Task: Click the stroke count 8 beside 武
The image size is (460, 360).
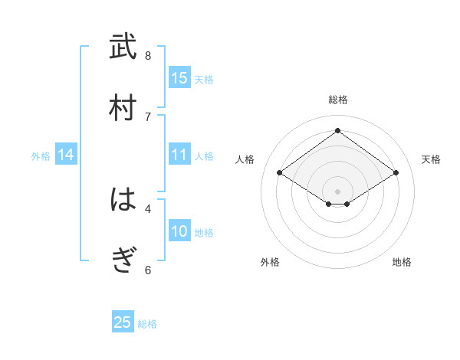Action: [x=148, y=55]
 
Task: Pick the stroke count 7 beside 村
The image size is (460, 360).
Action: [x=148, y=116]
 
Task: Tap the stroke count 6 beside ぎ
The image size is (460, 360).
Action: [x=148, y=270]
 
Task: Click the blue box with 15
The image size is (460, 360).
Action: [x=179, y=78]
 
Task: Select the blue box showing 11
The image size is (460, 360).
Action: [x=179, y=155]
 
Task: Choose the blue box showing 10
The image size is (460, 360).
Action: [x=179, y=231]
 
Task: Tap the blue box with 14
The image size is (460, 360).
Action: [x=66, y=155]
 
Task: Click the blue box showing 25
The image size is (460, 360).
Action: [x=123, y=322]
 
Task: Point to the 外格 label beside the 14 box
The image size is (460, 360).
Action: [x=41, y=156]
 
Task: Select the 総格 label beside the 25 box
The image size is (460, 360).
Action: [x=147, y=324]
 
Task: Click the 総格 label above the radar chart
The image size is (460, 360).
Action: [x=338, y=100]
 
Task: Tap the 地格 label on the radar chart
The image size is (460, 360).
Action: [x=402, y=262]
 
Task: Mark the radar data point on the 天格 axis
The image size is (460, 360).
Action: [x=396, y=173]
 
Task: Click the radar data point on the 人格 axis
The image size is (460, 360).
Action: [x=280, y=173]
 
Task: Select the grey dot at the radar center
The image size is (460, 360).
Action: [x=338, y=191]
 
